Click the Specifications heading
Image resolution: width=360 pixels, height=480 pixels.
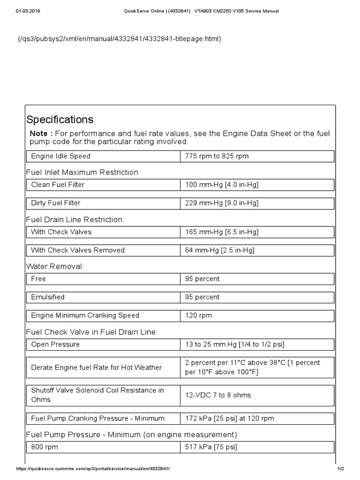[x=60, y=120]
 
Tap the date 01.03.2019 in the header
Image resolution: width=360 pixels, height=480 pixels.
[x=28, y=11]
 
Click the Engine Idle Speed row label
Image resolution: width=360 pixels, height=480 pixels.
[x=60, y=156]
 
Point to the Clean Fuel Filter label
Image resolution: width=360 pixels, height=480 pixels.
[x=58, y=185]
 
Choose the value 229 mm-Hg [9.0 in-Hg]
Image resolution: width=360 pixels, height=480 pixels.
[x=222, y=203]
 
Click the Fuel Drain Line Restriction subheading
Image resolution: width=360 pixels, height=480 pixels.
[x=75, y=219]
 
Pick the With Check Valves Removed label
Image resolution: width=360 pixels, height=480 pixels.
[x=78, y=250]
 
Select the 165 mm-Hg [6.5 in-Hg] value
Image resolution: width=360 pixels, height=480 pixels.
[x=222, y=232]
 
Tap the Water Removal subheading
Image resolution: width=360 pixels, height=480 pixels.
[x=55, y=266]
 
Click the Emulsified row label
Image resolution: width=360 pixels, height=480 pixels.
[x=48, y=297]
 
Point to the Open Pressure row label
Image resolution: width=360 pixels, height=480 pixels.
[x=55, y=345]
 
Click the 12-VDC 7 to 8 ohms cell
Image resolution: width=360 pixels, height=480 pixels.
[x=218, y=395]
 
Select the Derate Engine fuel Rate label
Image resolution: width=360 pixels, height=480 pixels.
[x=96, y=367]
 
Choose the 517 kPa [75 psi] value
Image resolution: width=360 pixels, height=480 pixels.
[x=211, y=447]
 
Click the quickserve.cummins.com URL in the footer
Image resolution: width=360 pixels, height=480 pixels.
[x=93, y=469]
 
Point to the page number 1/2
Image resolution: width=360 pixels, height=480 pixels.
[x=341, y=469]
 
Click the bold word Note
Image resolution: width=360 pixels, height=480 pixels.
[x=38, y=134]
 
